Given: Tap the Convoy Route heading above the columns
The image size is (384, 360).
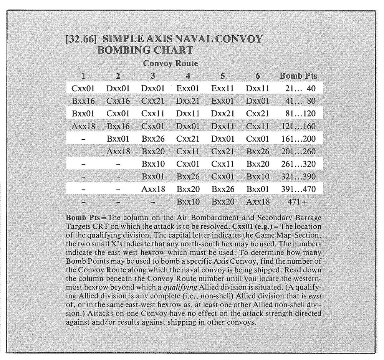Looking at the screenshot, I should (x=170, y=63).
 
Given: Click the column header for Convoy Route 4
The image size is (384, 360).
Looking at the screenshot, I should (x=188, y=76).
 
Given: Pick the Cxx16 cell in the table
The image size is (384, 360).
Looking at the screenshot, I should (x=118, y=101).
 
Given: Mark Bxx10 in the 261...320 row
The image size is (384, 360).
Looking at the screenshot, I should (x=153, y=164).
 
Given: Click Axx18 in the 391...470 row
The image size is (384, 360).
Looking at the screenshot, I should (x=153, y=189).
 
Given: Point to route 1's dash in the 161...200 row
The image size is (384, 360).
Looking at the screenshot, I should (x=83, y=139).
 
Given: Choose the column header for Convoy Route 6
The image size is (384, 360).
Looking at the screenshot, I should (x=258, y=76).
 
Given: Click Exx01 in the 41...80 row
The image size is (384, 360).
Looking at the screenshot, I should (x=223, y=101).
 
